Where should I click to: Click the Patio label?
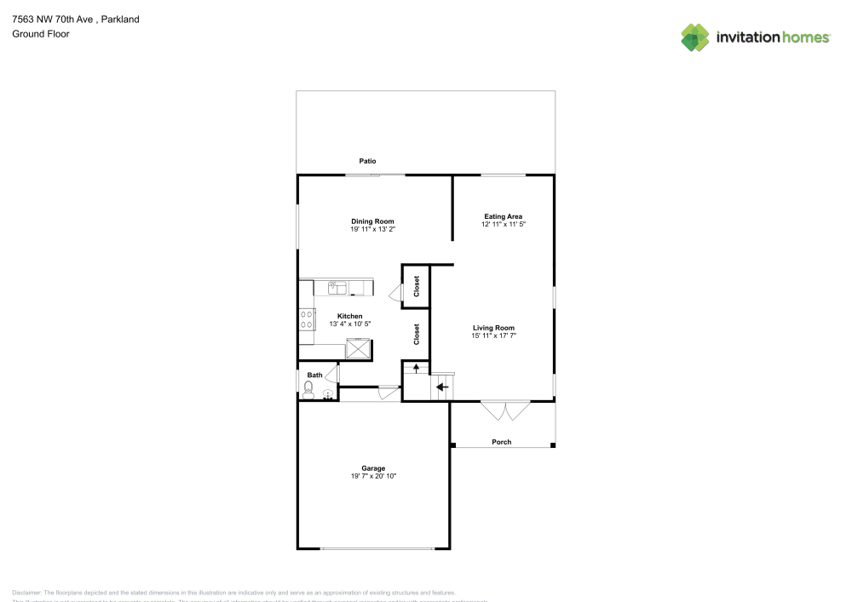[x=367, y=161]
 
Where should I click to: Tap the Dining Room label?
[x=372, y=221]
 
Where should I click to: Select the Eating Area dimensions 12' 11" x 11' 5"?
[x=503, y=225]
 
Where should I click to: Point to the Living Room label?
[x=494, y=328]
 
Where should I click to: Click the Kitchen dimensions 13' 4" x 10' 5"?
[x=349, y=324]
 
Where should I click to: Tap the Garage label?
[x=373, y=468]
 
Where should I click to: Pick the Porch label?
[x=502, y=442]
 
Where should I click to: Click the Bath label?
[x=315, y=376]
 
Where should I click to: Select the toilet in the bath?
[x=308, y=390]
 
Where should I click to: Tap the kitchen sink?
[x=338, y=288]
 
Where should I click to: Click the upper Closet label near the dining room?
[x=417, y=286]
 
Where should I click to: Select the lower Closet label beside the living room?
[x=417, y=334]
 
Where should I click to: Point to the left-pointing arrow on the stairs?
[x=442, y=387]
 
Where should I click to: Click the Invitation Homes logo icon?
[x=695, y=37]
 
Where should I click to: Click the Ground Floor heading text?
[x=41, y=34]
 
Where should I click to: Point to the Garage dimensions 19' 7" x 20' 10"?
[x=373, y=477]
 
